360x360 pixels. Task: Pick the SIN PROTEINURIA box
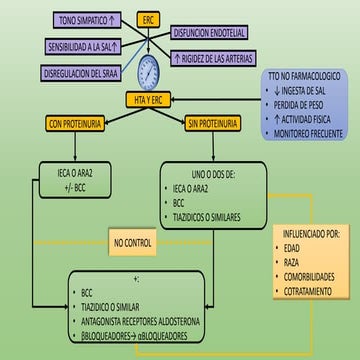tap(213, 123)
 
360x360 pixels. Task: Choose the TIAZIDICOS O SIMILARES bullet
tap(220, 215)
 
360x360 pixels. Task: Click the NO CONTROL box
tap(133, 242)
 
